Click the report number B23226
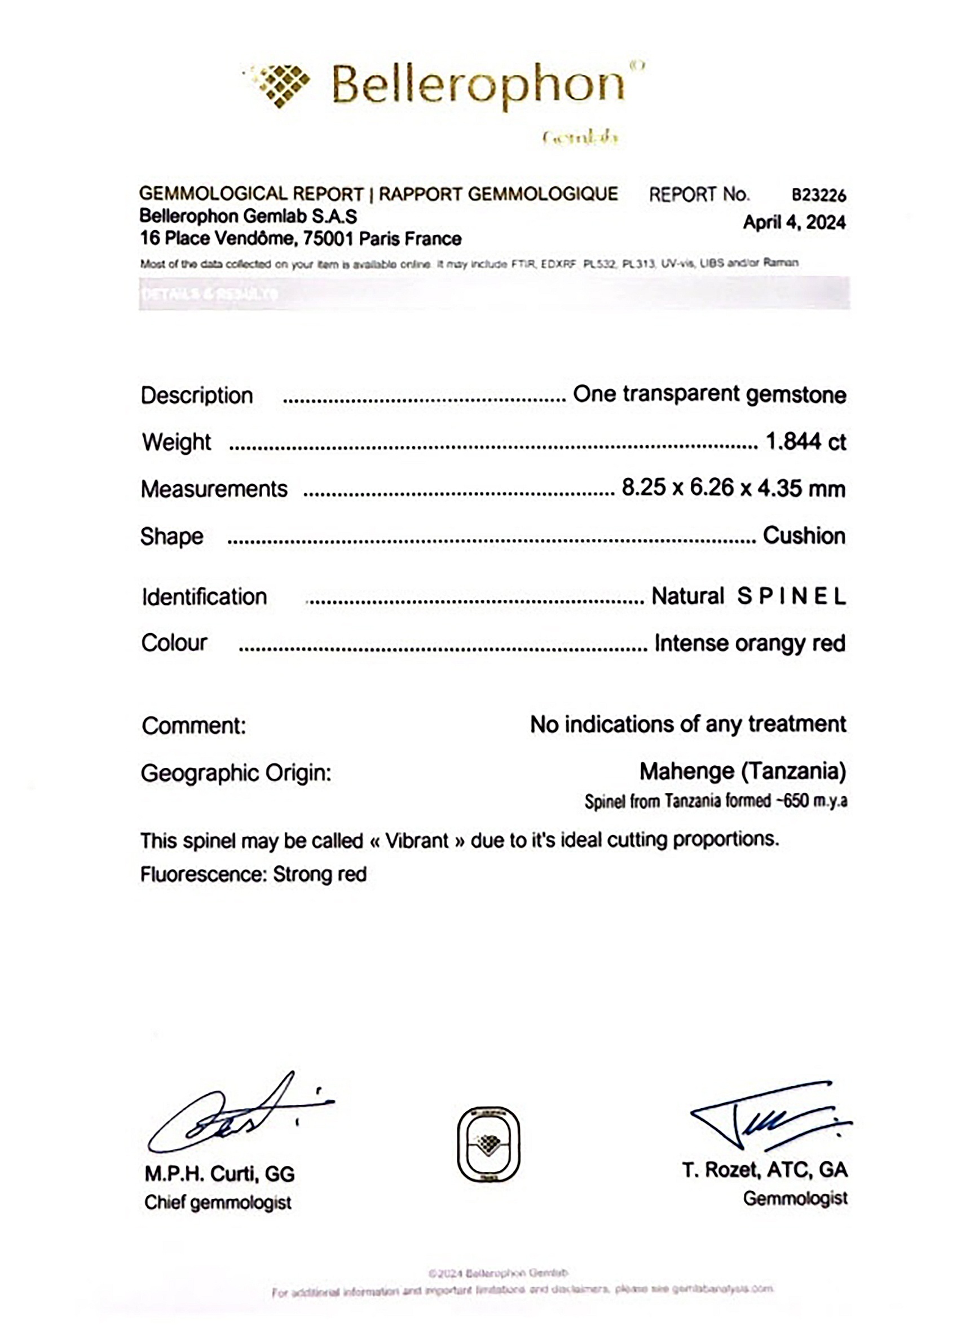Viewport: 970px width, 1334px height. click(818, 195)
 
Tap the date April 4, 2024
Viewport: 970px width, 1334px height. click(793, 222)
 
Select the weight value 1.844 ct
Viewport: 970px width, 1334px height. click(805, 441)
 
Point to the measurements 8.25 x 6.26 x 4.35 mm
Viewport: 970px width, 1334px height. click(733, 488)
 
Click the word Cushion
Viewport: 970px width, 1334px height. click(804, 536)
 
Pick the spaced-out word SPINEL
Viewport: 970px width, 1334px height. click(791, 596)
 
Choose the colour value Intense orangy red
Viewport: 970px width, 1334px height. click(749, 643)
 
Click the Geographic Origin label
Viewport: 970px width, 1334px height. click(236, 773)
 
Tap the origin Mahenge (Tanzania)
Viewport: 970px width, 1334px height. click(743, 771)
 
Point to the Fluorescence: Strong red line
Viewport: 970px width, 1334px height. click(253, 875)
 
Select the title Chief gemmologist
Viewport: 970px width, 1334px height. click(218, 1204)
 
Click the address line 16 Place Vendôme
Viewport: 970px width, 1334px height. click(300, 239)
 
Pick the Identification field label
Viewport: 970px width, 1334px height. click(204, 597)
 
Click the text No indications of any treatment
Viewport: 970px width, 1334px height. click(688, 725)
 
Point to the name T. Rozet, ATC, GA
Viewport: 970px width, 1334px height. click(765, 1171)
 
